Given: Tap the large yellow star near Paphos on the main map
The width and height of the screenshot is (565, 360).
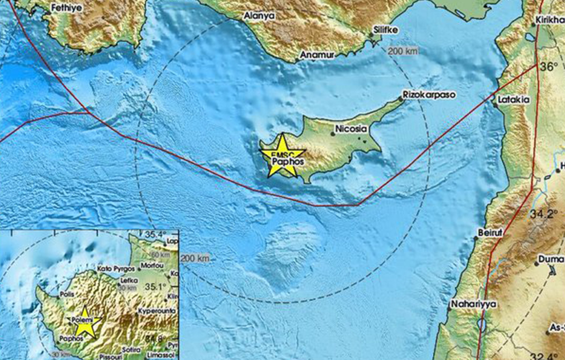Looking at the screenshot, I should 282,157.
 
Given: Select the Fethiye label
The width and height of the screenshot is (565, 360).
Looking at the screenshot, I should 67,8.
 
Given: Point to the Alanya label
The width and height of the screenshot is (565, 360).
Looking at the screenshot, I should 259,16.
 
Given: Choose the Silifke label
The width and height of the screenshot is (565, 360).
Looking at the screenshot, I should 386,30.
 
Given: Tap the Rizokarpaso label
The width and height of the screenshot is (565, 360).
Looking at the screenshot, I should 428,95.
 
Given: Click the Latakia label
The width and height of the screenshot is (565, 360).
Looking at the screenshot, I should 514,100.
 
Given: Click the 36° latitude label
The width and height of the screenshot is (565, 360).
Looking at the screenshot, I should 549,67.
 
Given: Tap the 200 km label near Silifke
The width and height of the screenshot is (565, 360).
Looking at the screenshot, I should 402,51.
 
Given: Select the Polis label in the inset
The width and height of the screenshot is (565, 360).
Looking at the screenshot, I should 65,294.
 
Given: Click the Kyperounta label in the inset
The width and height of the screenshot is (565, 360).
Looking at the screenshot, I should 157,311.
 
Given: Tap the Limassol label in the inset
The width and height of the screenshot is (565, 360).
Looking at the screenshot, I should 161,355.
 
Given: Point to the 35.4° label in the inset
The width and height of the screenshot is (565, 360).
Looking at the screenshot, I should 156,234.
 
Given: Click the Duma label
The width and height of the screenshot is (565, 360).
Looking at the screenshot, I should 551,259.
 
